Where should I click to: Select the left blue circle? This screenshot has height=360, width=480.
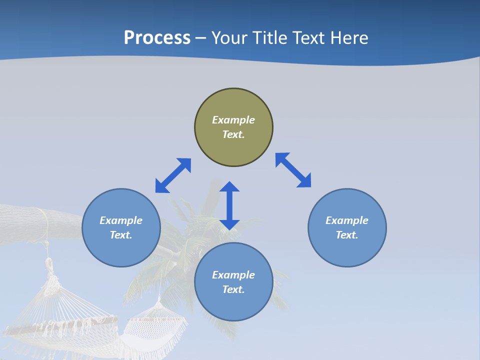click(x=121, y=227)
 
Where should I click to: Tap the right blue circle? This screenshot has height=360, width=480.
click(x=347, y=227)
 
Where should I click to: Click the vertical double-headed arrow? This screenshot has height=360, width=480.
click(x=229, y=205)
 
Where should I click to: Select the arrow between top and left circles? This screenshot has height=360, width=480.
click(x=173, y=175)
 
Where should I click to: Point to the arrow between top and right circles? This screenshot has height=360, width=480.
click(x=293, y=170)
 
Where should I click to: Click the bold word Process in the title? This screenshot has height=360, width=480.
click(x=157, y=38)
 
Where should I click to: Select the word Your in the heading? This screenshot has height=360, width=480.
click(x=230, y=38)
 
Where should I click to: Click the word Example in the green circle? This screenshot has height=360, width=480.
click(x=233, y=120)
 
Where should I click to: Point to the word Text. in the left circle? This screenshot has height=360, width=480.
click(x=121, y=235)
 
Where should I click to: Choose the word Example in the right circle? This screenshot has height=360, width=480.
click(x=347, y=220)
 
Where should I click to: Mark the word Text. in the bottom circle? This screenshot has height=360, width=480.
click(x=233, y=289)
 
